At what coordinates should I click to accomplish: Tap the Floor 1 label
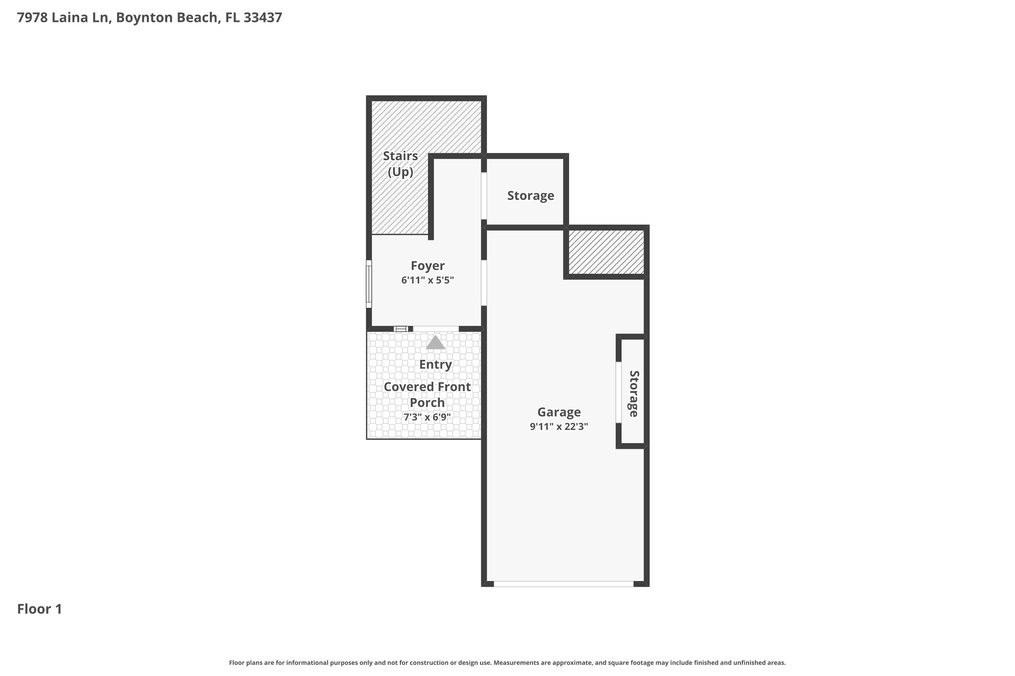click(x=40, y=609)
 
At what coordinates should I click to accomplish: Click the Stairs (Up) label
click(x=401, y=164)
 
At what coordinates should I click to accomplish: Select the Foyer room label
click(x=428, y=266)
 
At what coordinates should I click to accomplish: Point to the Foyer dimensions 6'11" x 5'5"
click(x=428, y=280)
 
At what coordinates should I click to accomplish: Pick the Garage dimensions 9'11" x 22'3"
click(x=559, y=426)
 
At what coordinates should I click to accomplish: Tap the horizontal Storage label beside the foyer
click(x=531, y=196)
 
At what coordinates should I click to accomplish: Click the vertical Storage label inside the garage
click(x=633, y=394)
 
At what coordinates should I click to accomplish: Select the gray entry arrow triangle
click(x=435, y=342)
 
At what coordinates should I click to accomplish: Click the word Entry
click(x=435, y=365)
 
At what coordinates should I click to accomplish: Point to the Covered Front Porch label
click(x=427, y=394)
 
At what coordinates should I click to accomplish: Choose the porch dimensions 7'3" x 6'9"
click(x=427, y=417)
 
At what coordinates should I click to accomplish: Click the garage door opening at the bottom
click(x=564, y=584)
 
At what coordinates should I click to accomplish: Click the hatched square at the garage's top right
click(x=606, y=252)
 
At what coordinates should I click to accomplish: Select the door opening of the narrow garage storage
click(x=618, y=392)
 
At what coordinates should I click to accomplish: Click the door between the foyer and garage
click(x=484, y=283)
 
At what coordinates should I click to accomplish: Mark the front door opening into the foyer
click(x=436, y=329)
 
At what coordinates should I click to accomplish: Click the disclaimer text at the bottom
click(x=507, y=662)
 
